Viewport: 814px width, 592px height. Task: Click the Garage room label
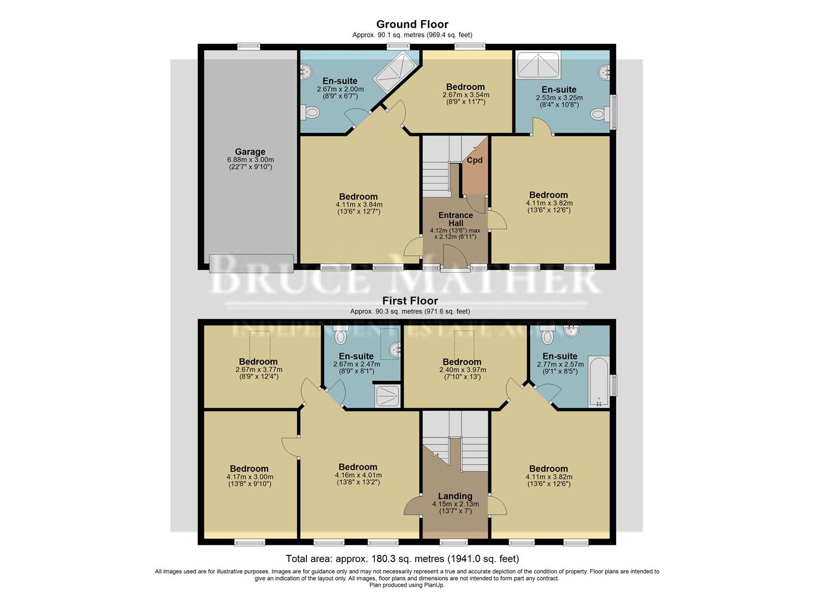[250, 152]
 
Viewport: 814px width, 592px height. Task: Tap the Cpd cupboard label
[474, 160]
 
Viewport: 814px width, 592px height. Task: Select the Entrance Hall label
[456, 219]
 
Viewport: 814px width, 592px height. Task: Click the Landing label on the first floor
[455, 496]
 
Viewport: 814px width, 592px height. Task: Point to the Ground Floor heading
[412, 24]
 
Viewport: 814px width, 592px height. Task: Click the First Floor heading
[410, 301]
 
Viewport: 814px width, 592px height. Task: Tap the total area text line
[402, 559]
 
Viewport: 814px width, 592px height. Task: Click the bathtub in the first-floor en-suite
[599, 382]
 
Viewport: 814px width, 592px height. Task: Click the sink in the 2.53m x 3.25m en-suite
[605, 71]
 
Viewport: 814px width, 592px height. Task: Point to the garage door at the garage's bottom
[251, 263]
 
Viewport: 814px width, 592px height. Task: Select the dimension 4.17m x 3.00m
[249, 477]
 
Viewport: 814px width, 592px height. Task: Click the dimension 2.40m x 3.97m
[462, 369]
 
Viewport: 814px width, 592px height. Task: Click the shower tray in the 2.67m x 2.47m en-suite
[388, 396]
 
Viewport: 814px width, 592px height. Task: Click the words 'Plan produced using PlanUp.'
[407, 585]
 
